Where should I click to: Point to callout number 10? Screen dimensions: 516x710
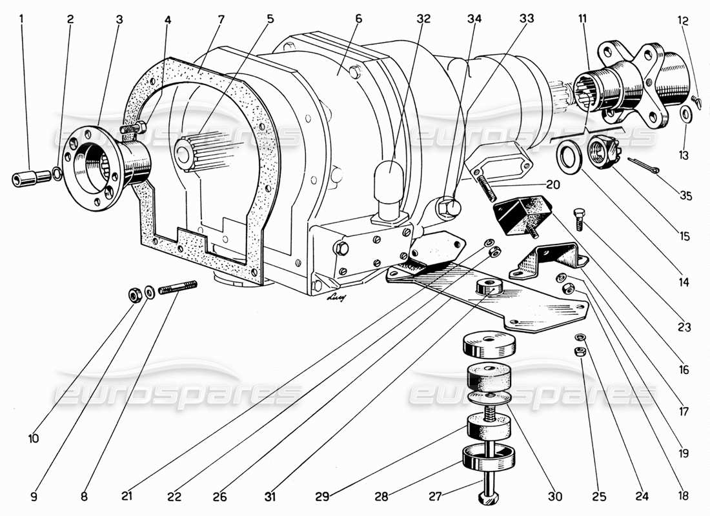tap(34, 439)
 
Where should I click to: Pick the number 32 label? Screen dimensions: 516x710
tap(423, 19)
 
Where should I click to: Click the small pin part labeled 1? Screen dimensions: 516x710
tap(30, 177)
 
